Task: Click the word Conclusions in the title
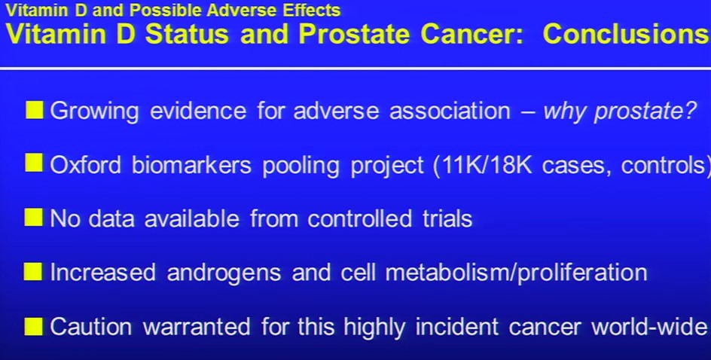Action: (627, 34)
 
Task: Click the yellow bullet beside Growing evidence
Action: (34, 110)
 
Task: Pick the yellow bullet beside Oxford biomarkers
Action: (34, 163)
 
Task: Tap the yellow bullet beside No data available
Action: (34, 217)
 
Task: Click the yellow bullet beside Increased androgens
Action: (34, 272)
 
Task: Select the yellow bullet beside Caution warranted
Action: (34, 326)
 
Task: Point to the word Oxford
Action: (86, 165)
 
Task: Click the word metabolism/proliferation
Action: (516, 273)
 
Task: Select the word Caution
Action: (90, 327)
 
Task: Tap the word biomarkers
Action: (191, 165)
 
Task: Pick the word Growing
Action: (94, 111)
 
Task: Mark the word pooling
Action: (301, 166)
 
